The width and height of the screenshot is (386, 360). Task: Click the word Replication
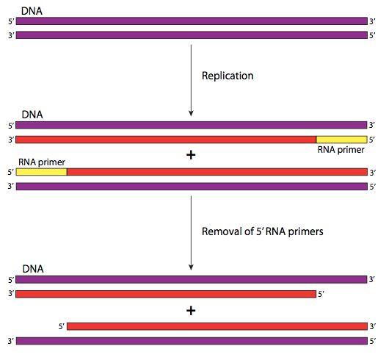pyautogui.click(x=227, y=76)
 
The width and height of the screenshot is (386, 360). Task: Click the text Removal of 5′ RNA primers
pyautogui.click(x=263, y=231)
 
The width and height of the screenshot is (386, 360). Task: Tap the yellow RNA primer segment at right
pyautogui.click(x=342, y=140)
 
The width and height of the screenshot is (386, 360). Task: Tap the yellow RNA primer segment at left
pyautogui.click(x=41, y=172)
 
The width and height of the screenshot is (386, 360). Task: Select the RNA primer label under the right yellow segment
pyautogui.click(x=341, y=150)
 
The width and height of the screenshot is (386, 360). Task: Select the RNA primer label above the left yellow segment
pyautogui.click(x=42, y=162)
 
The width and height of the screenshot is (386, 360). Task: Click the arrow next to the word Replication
pyautogui.click(x=191, y=80)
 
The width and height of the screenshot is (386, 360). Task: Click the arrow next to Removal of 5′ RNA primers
pyautogui.click(x=191, y=233)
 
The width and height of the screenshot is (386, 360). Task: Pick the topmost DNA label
pyautogui.click(x=32, y=11)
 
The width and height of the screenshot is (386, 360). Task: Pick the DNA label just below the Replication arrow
pyautogui.click(x=32, y=115)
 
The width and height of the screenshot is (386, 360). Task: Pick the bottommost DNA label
pyautogui.click(x=33, y=269)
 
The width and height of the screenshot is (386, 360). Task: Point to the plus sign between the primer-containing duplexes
pyautogui.click(x=191, y=155)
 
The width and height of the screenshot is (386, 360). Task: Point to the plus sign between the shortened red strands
pyautogui.click(x=191, y=311)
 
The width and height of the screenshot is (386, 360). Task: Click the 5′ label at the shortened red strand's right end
pyautogui.click(x=321, y=294)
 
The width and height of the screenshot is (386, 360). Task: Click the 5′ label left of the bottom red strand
pyautogui.click(x=62, y=326)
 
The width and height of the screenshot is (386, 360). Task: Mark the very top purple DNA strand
pyautogui.click(x=192, y=21)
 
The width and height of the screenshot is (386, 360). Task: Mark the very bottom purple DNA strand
pyautogui.click(x=192, y=341)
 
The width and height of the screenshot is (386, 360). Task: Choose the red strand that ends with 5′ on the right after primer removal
pyautogui.click(x=166, y=294)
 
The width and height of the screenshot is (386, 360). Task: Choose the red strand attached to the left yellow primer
pyautogui.click(x=217, y=172)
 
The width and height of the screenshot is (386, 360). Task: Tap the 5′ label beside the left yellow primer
pyautogui.click(x=11, y=172)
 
